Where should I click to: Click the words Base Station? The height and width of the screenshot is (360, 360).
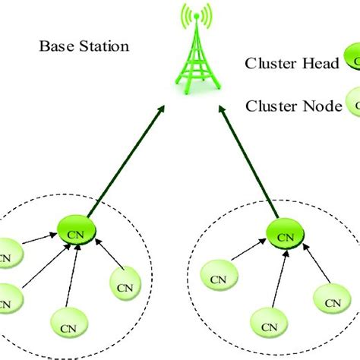pyautogui.click(x=84, y=47)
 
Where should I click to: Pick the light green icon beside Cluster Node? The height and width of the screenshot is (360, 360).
pyautogui.click(x=351, y=104)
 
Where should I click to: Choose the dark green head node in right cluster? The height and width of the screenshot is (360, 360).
pyautogui.click(x=284, y=236)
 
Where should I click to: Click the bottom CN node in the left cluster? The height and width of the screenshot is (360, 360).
pyautogui.click(x=68, y=330)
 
